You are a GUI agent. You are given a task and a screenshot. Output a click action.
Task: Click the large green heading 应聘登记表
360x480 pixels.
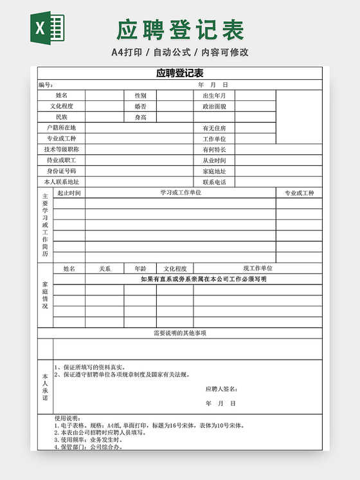point(180,30)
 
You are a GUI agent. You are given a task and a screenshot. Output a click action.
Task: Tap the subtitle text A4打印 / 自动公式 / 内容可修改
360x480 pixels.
point(180,52)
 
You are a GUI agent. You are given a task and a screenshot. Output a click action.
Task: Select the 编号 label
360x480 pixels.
point(45,85)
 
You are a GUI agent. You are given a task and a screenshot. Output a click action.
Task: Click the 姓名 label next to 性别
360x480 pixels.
point(61,95)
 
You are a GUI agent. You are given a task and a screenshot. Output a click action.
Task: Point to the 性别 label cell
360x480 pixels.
point(140,95)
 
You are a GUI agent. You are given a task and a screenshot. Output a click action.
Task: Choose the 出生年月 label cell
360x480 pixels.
point(214,95)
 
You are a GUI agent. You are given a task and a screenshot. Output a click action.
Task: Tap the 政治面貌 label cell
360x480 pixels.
point(214,106)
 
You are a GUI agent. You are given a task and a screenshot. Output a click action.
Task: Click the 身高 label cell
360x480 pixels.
point(140,117)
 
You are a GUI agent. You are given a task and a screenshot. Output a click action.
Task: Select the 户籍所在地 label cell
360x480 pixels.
point(61,128)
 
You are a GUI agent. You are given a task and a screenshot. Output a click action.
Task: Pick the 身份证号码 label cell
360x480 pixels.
point(61,171)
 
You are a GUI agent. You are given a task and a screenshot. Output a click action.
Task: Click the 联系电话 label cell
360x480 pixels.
point(214,182)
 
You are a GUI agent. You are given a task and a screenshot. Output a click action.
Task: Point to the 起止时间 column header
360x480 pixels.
point(69,193)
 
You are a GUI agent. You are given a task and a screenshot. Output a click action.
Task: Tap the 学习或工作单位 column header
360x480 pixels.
point(181,192)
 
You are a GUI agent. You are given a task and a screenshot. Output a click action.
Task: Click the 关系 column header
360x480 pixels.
point(105,268)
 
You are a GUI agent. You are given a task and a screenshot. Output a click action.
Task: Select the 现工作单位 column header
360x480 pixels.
point(257,268)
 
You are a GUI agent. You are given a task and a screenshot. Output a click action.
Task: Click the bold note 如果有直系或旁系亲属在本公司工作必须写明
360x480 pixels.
point(203,279)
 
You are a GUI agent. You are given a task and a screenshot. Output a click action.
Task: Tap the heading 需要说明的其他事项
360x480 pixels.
point(180,333)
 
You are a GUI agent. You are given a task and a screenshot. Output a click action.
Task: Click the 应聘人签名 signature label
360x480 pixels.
point(222,389)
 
